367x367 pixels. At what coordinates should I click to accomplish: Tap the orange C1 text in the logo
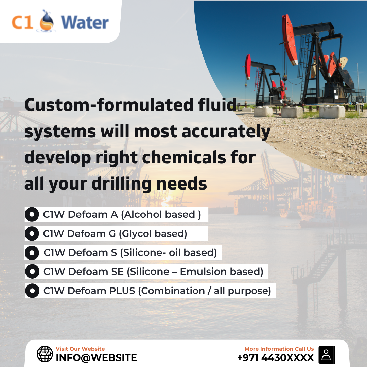coord(22,22)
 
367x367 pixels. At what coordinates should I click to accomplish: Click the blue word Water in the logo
coord(85,22)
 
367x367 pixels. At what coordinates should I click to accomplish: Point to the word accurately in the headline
coord(226,132)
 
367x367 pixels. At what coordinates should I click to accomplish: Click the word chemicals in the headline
coord(184,157)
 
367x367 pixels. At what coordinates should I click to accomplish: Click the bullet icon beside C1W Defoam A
coord(32,214)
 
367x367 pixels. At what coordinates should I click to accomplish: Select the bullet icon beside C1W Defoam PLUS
coord(32,291)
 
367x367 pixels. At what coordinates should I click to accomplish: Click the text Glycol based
coord(153,233)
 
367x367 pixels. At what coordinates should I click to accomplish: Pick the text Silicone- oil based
coord(169,252)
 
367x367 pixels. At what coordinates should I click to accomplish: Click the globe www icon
coord(45,354)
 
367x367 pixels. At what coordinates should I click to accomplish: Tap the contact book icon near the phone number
coord(327,354)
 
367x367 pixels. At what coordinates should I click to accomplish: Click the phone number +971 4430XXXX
coord(275,357)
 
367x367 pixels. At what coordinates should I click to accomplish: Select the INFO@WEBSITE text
coord(96,357)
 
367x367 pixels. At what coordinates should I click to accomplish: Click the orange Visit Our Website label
coord(80,349)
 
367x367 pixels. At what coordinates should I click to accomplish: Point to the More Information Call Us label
coord(279,349)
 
